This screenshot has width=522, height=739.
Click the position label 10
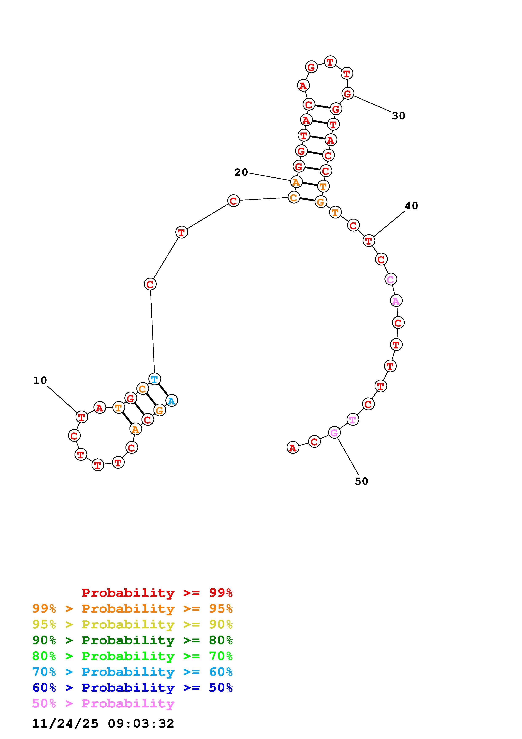coord(40,380)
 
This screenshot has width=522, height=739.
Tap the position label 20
coord(241,173)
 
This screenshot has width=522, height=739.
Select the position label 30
coord(398,116)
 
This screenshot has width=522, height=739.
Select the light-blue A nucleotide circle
coord(171,401)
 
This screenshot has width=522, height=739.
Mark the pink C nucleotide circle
coord(390,279)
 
